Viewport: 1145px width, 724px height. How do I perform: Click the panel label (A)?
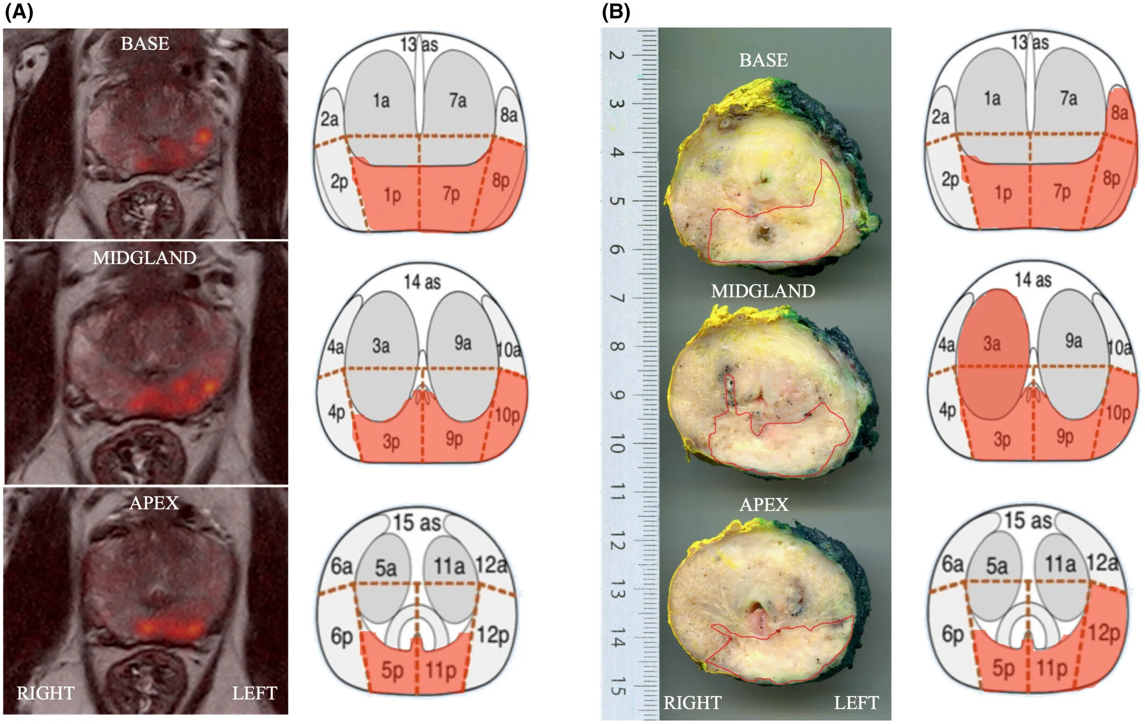coord(19,12)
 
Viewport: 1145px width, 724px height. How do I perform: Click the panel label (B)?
coord(616,12)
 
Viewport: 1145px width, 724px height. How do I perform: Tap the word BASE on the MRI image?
coord(145,44)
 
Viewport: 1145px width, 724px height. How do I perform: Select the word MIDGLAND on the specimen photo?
coord(762,291)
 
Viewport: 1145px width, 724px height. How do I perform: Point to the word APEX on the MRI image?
coord(154,503)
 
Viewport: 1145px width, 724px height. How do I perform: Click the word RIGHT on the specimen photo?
coord(692,702)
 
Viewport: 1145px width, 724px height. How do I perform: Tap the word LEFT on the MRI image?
coord(254,693)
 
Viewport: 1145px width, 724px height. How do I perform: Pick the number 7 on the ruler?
coord(617,298)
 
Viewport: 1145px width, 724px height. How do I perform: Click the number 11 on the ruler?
coord(617,492)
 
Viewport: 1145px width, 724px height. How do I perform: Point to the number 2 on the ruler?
coord(617,55)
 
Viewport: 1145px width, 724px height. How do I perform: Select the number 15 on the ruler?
coord(617,686)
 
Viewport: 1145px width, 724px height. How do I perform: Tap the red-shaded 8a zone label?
coord(1119,113)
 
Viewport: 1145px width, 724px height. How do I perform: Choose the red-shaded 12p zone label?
coord(1104,633)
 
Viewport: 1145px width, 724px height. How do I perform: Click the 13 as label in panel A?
coord(419,44)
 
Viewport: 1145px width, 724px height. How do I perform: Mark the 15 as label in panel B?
coord(1027,521)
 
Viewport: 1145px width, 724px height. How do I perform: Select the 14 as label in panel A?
coord(422,282)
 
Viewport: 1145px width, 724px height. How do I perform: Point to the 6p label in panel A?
coord(341,636)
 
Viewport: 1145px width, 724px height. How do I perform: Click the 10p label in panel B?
coord(1118,413)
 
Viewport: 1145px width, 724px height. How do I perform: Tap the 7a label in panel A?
coord(457,100)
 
